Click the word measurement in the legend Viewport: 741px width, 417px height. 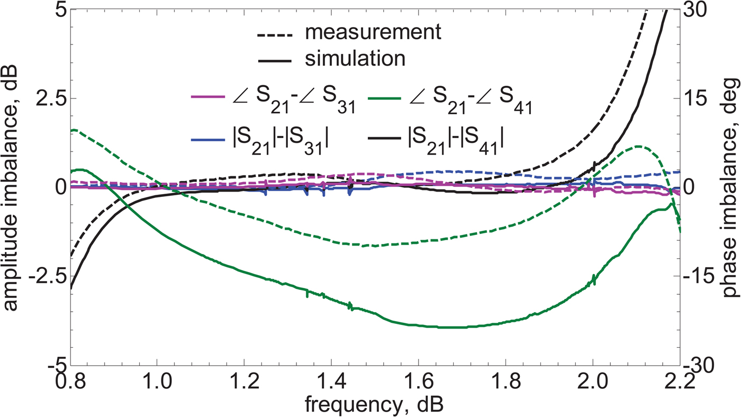coord(373,32)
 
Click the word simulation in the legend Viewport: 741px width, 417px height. coord(355,59)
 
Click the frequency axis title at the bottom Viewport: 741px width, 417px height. coord(376,405)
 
